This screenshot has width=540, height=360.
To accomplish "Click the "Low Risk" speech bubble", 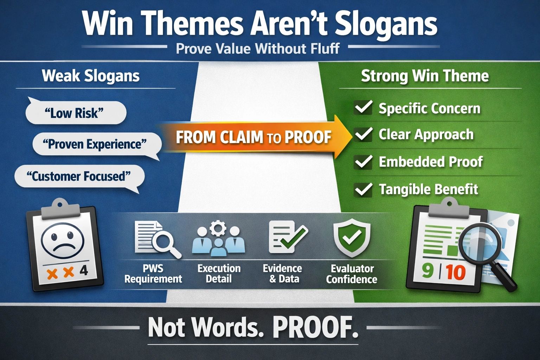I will pos(75,113).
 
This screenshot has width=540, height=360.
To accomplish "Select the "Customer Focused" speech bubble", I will pos(79,176).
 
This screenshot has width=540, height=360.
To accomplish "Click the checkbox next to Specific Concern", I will pos(363,108).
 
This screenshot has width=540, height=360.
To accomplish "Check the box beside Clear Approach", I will pos(363,135).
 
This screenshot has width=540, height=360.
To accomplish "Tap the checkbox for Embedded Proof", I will pos(363,162).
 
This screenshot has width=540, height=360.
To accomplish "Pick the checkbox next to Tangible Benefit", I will pos(363,189).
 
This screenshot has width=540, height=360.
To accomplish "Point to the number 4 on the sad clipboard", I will pos(84,271).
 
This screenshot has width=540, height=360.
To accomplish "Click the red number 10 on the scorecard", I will pos(456,272).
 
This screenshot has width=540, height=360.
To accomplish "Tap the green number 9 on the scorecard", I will pos(427,271).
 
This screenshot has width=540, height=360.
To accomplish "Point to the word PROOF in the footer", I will pos(315,328).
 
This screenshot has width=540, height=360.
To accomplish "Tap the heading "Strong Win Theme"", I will pos(425,76).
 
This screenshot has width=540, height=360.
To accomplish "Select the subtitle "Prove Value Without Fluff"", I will pos(257,49).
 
